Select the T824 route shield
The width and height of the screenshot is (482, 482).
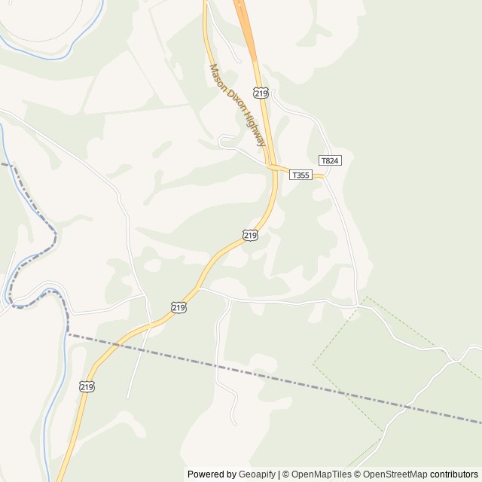tap(330, 160)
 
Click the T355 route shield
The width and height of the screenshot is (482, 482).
tap(300, 175)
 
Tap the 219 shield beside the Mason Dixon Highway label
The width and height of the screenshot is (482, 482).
tap(261, 93)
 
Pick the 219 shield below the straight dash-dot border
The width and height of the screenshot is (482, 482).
tap(87, 386)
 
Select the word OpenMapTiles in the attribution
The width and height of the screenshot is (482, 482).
tap(321, 474)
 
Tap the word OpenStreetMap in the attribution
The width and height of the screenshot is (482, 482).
tap(395, 474)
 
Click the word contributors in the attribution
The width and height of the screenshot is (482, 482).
tap(454, 474)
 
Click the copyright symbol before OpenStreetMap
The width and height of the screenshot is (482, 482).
tap(358, 474)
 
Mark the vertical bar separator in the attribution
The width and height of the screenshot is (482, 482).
tap(279, 474)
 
